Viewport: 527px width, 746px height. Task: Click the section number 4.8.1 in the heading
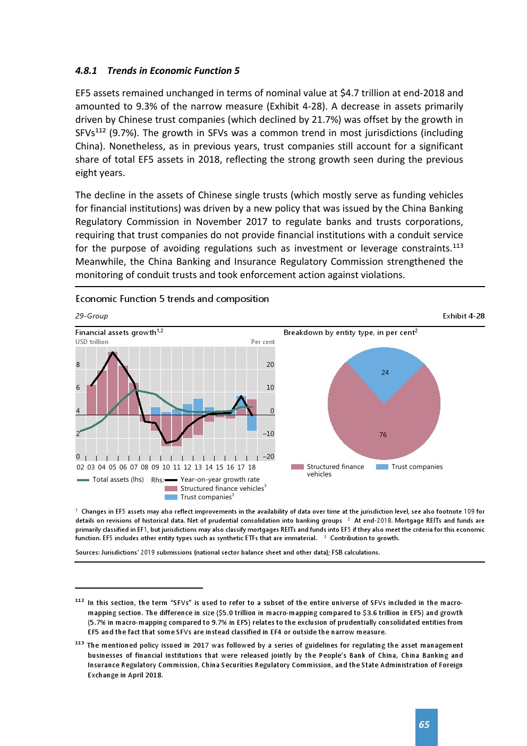point(86,71)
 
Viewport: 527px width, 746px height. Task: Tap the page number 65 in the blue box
point(424,725)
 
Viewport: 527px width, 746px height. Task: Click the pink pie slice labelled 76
point(383,434)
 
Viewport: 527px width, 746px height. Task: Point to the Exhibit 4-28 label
point(463,316)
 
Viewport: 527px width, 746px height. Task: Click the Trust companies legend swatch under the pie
point(382,467)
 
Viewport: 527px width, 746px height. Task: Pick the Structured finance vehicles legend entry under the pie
point(329,471)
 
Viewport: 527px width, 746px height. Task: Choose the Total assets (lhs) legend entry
point(110,480)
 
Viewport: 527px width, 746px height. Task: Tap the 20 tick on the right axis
point(270,365)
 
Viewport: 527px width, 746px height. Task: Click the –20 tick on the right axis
point(268,457)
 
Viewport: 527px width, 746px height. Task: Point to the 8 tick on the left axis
point(78,365)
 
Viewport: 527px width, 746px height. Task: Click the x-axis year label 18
point(252,467)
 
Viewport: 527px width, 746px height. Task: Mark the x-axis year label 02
point(80,467)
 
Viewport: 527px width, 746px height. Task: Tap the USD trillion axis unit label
point(92,342)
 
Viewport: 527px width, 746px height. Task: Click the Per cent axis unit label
point(263,342)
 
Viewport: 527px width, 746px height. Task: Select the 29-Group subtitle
point(91,316)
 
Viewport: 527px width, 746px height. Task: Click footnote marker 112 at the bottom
point(80,601)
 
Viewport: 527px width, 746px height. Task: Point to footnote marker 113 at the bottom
point(80,643)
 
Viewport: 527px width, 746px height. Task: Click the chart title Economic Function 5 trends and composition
point(172,299)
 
